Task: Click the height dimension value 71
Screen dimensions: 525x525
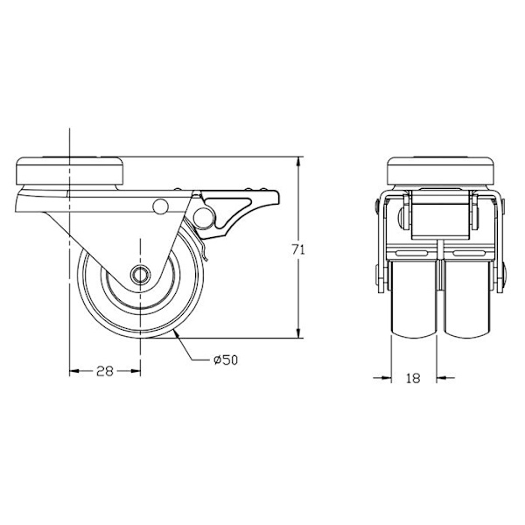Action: click(298, 249)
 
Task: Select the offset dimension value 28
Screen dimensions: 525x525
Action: click(105, 371)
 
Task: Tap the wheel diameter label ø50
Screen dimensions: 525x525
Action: click(226, 360)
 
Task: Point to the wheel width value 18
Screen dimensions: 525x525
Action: click(413, 378)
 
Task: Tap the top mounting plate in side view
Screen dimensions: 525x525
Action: click(70, 171)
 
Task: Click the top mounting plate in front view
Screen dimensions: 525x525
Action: click(441, 171)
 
